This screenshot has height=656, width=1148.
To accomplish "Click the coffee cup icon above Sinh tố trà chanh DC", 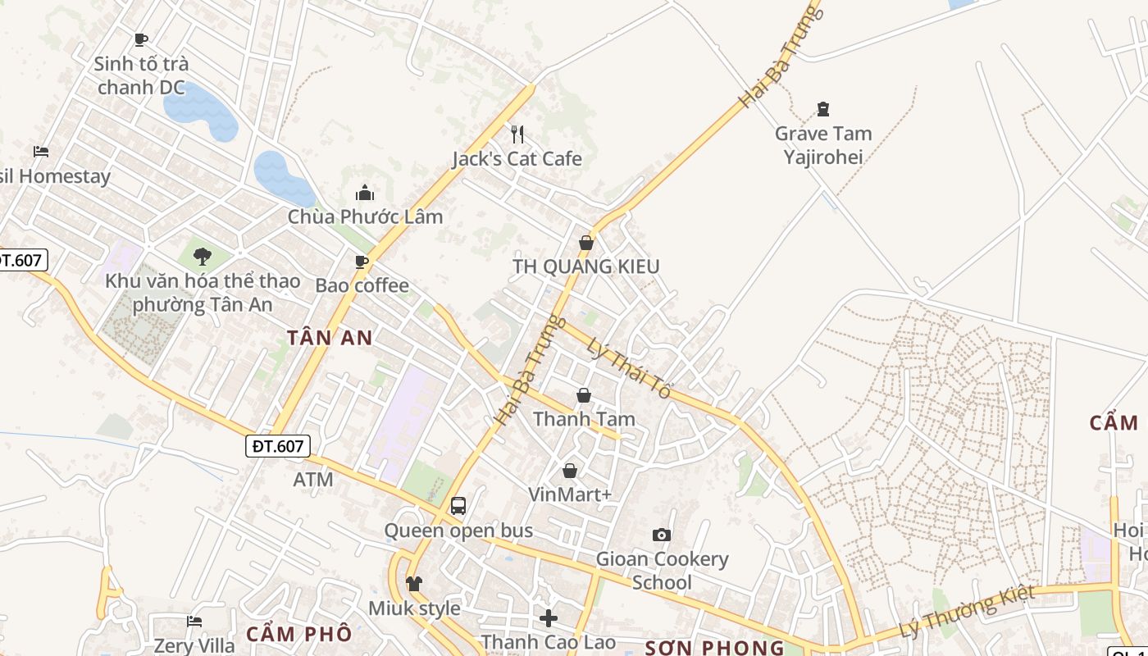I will coord(141,39).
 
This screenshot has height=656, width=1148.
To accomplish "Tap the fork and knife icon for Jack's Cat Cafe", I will coord(517,134).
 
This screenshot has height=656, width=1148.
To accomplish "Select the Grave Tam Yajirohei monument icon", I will coord(823,108).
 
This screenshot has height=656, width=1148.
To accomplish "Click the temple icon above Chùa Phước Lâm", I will coord(365,193).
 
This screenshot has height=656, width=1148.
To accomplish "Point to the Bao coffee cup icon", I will coord(361,262).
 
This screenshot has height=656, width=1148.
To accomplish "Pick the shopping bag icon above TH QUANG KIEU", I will coord(585,243).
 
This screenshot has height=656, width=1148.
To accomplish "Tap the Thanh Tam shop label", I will coord(584,419).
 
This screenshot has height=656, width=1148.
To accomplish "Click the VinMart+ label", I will coord(570,494).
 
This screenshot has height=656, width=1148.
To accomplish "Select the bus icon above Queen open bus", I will coord(458,506).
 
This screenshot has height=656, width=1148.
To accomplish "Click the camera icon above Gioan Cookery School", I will coord(662,535).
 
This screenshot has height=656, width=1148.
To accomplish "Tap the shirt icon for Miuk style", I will coord(414,584).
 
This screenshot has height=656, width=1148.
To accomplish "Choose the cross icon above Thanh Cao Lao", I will coord(549,617).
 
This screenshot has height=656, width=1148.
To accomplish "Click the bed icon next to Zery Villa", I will coord(194,621).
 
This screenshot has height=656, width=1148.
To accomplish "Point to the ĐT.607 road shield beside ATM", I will coord(278,446).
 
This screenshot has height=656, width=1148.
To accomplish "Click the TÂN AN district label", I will coord(330,337).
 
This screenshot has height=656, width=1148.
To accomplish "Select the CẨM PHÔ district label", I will coord(298,634).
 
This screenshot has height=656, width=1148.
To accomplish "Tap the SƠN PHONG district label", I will coord(714,648).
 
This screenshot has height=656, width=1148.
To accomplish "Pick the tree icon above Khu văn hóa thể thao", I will coord(203,257).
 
